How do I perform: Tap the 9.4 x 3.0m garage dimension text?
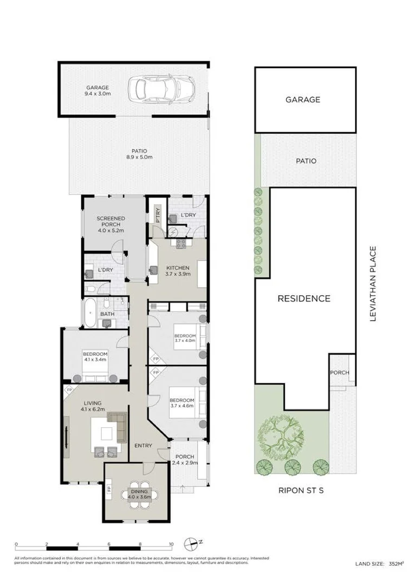[98, 94]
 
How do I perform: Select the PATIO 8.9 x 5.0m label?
[139, 154]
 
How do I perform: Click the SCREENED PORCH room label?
[111, 221]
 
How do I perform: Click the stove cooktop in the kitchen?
[181, 244]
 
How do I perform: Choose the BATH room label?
[107, 314]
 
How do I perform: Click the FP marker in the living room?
[69, 390]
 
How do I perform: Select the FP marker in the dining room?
[109, 489]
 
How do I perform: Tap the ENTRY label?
[144, 445]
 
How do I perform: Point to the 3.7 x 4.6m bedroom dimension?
[182, 406]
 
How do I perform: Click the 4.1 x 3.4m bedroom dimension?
[95, 360]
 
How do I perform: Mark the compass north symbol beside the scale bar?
[191, 544]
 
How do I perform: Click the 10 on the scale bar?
[171, 544]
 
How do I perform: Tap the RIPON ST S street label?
[301, 490]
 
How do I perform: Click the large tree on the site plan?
[280, 437]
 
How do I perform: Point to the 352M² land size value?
[396, 564]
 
